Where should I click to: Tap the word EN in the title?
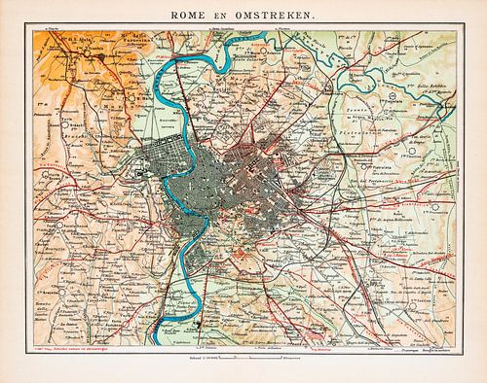pyautogui.click(x=240, y=13)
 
